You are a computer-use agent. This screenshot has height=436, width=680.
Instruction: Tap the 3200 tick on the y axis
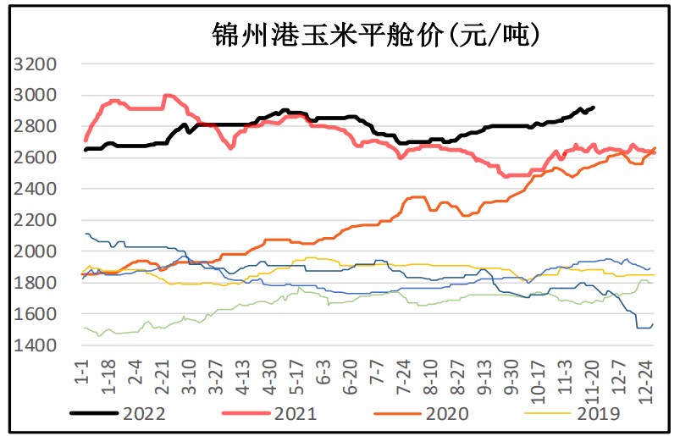36,64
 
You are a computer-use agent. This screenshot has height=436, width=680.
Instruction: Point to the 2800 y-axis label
36,127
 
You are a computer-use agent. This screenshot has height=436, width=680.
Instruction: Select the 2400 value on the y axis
36,190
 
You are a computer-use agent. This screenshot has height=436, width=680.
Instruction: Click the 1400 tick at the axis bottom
36,346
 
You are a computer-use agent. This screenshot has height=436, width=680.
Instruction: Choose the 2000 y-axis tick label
36,252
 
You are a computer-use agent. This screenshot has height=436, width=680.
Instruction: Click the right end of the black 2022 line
594,108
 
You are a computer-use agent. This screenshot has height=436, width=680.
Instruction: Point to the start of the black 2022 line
85,150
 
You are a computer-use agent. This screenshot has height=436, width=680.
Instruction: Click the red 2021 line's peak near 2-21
168,96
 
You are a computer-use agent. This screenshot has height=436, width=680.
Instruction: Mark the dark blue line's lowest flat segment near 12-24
644,327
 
